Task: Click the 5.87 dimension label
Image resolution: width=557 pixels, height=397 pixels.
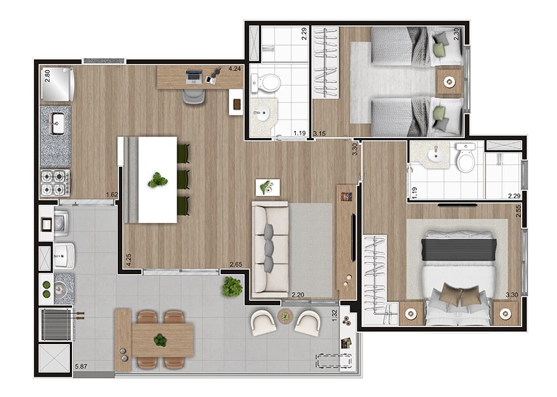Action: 81,366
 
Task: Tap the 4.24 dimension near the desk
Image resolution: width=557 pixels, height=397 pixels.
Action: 234,69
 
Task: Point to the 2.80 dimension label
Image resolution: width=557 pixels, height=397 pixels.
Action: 47,76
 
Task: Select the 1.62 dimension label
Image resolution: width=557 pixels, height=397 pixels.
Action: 112,195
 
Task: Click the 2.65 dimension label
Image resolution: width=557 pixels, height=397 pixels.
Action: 236,264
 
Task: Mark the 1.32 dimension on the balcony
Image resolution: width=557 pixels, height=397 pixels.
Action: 334,315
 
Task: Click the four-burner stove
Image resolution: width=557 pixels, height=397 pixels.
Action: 56,182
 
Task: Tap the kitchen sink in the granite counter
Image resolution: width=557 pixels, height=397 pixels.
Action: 57,123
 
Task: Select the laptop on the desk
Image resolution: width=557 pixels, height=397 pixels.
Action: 194,77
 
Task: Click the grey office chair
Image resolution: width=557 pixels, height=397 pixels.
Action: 194,96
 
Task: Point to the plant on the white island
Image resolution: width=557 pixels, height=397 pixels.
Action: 157,180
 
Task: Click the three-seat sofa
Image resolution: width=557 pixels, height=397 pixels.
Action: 270,249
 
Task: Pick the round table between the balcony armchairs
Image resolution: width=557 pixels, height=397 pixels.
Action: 285,316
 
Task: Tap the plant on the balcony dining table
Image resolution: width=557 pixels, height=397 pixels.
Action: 160,340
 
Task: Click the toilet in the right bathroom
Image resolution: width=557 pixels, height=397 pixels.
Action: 466,158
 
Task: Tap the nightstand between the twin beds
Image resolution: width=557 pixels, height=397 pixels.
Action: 450,82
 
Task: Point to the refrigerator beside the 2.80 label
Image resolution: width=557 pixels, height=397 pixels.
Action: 57,84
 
